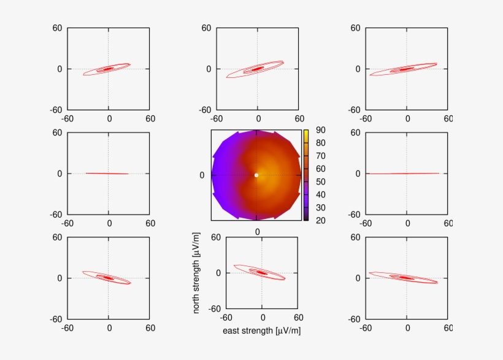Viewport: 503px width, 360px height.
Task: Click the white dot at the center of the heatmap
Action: point(256,175)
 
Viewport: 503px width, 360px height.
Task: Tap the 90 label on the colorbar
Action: point(320,130)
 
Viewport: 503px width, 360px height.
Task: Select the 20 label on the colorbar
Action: point(320,220)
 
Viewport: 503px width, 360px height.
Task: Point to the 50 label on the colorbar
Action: point(320,182)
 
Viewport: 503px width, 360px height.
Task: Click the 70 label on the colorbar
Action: point(320,156)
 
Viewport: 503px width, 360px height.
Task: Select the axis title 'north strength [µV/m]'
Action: point(196,273)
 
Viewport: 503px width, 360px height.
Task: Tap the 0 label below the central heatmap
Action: point(258,231)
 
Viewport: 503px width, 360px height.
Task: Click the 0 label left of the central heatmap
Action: point(201,175)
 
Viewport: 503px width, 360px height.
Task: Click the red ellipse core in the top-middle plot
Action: point(258,69)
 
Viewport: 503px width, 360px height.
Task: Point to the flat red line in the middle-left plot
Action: point(107,174)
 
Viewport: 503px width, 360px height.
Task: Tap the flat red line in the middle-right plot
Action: point(405,174)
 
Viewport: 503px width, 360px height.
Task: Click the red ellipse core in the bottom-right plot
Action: point(406,278)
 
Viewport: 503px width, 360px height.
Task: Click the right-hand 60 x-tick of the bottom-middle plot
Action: point(298,318)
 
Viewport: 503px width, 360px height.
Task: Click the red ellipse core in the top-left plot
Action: point(108,69)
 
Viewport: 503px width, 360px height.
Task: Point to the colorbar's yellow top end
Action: point(305,132)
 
